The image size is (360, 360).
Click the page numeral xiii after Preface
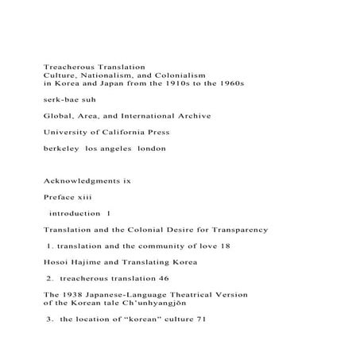click(x=83, y=197)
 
